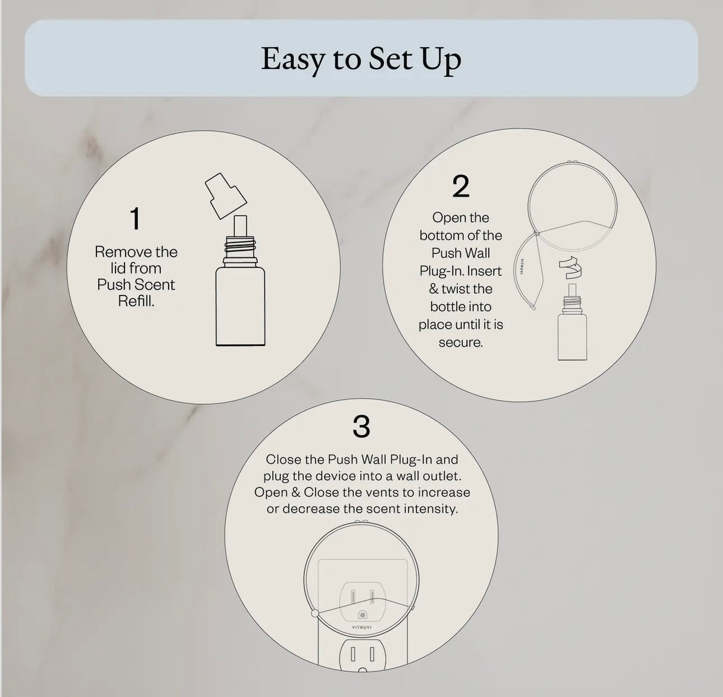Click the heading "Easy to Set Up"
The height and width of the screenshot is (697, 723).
(x=361, y=59)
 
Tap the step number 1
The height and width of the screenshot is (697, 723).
(x=136, y=219)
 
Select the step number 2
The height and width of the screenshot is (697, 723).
(x=461, y=186)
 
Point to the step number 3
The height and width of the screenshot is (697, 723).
(x=361, y=427)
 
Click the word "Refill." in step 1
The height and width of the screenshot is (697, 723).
(x=136, y=301)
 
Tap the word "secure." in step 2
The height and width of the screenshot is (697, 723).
(x=460, y=343)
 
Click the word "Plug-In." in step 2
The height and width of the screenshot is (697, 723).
(x=442, y=271)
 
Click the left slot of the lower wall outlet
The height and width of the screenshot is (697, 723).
(x=353, y=655)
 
